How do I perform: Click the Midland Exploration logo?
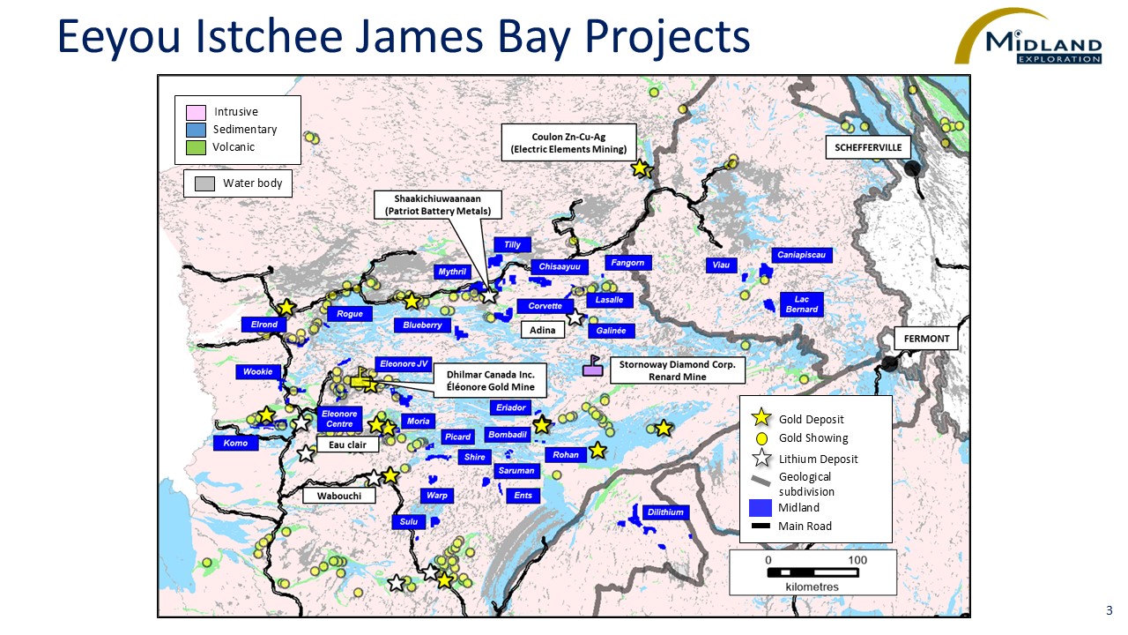click(x=1028, y=37)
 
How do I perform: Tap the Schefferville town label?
click(x=868, y=147)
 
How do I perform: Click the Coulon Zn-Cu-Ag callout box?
click(x=568, y=143)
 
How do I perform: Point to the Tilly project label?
click(x=512, y=244)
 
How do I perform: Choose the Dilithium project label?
click(x=664, y=512)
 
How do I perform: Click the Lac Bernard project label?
click(x=801, y=304)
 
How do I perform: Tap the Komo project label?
click(x=235, y=443)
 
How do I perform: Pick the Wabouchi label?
click(x=338, y=496)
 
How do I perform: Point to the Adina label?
click(x=543, y=330)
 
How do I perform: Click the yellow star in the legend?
click(x=762, y=419)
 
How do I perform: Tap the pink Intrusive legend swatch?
click(x=196, y=112)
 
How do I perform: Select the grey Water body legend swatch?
click(x=204, y=183)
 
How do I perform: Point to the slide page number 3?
click(x=1109, y=610)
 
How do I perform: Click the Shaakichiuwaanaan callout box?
click(x=438, y=205)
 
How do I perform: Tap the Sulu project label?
click(x=408, y=522)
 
